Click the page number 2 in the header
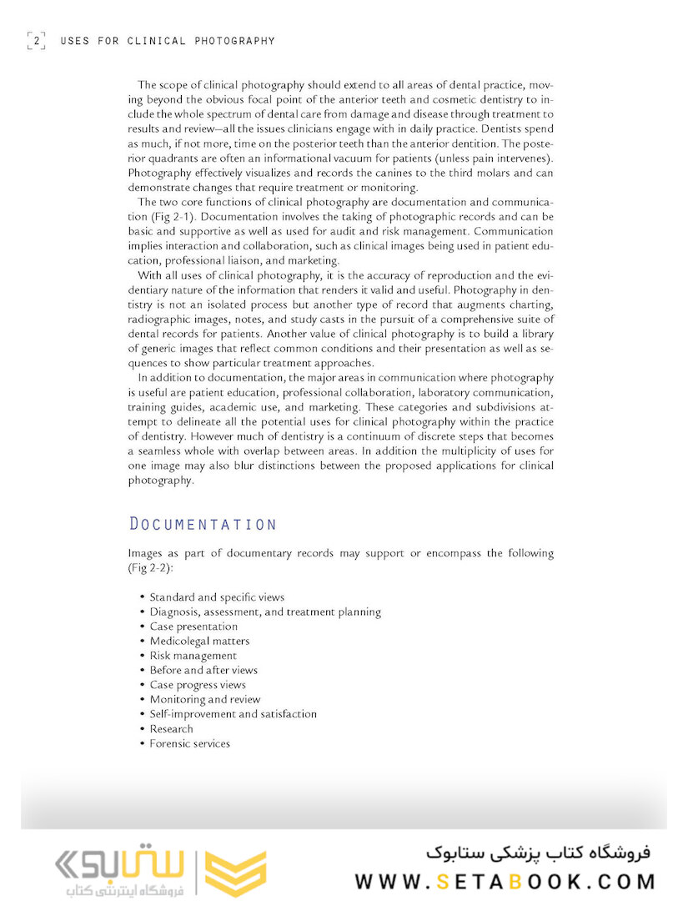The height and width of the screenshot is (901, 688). click(37, 40)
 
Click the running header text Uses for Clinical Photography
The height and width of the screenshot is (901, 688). click(167, 40)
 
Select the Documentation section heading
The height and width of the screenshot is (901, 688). click(203, 524)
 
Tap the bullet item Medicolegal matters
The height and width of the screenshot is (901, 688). click(199, 641)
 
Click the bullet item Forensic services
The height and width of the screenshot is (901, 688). click(189, 743)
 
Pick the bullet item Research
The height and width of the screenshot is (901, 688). click(172, 728)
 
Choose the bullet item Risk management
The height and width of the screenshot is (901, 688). click(193, 656)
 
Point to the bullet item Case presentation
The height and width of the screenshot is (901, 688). click(193, 627)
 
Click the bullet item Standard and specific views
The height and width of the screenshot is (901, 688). click(217, 597)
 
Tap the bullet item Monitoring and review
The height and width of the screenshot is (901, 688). click(204, 699)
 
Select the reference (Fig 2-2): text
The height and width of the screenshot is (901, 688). click(151, 567)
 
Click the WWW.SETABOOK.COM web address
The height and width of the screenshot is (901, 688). click(505, 881)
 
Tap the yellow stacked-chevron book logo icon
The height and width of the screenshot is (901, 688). click(235, 873)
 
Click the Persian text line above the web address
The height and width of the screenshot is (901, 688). click(537, 853)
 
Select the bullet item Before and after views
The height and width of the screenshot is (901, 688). click(203, 670)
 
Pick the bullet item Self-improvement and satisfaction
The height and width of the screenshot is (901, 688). click(233, 714)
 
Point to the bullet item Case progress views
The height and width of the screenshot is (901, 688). click(198, 685)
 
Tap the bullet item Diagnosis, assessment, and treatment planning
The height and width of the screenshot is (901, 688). click(265, 612)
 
